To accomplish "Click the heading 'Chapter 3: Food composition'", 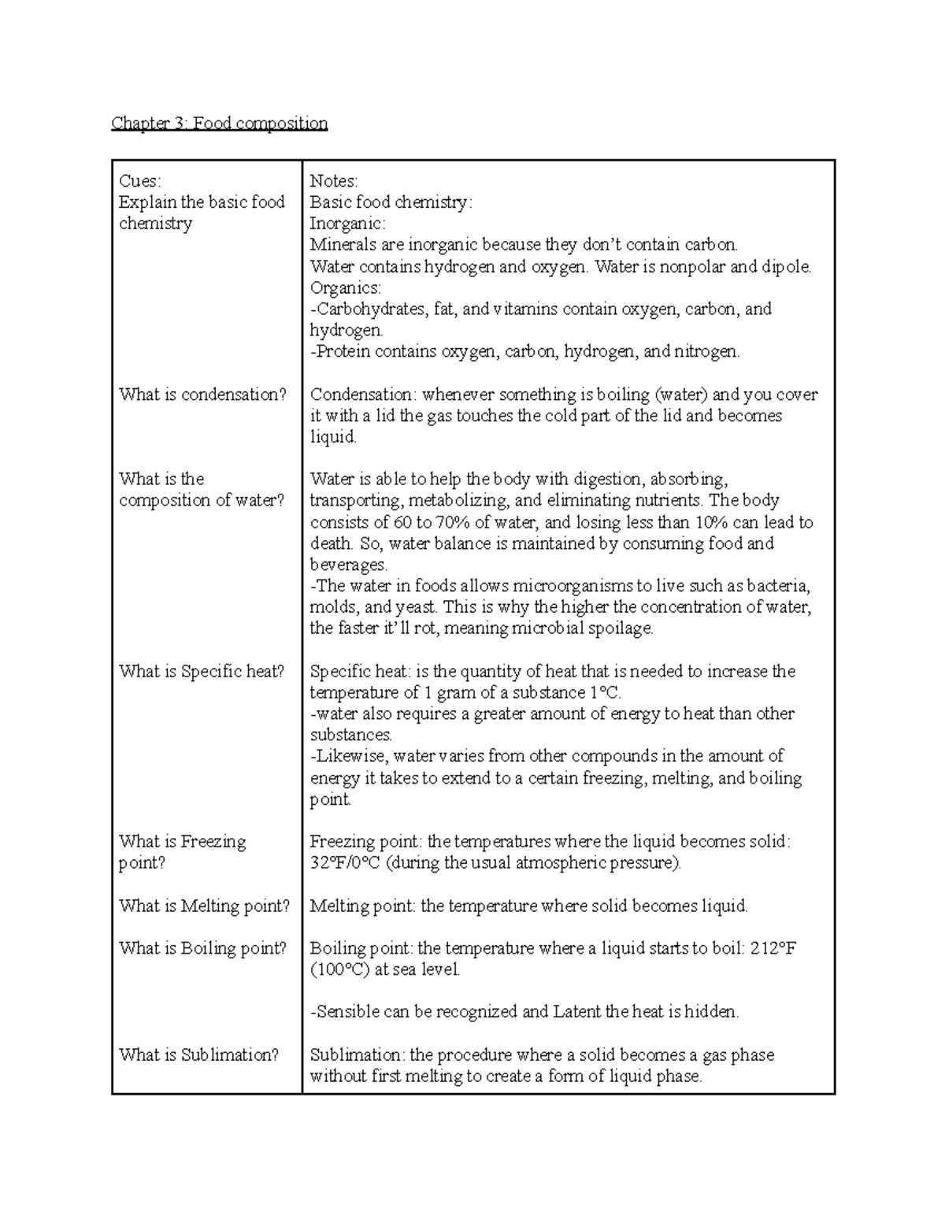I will (219, 123).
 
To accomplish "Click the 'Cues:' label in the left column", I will (139, 181).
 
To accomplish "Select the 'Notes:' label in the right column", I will (334, 181).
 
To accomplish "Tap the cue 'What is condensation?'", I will (203, 395).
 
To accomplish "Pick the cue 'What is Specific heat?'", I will (202, 671).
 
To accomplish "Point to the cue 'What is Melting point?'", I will (205, 906).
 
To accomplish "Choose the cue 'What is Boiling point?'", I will (203, 948).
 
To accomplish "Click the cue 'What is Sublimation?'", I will (199, 1054).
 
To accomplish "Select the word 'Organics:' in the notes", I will (345, 288).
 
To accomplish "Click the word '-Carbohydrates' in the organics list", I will (369, 309).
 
